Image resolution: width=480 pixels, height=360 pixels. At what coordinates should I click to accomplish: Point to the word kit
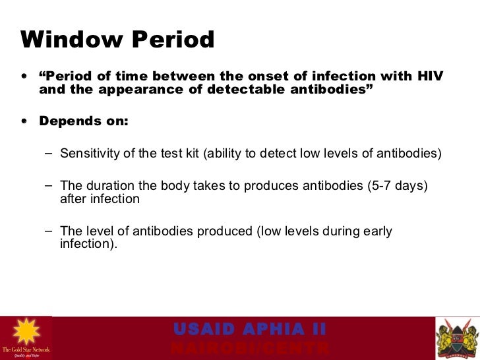coord(191,154)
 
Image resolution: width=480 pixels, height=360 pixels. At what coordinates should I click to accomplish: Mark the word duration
coord(105,186)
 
